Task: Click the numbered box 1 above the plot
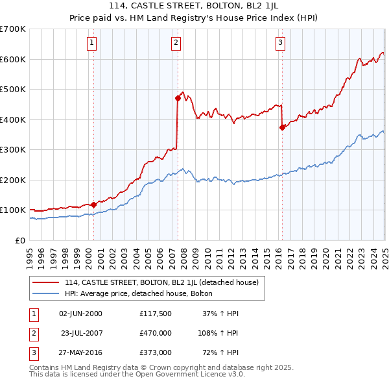(x=92, y=43)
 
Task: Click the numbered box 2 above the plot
(x=176, y=43)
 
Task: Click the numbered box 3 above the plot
(x=281, y=43)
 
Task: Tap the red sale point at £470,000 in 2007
(x=177, y=99)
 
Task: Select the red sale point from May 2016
(x=282, y=128)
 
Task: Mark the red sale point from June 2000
(x=93, y=204)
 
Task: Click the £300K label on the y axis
(x=13, y=150)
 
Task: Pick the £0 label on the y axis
(x=19, y=240)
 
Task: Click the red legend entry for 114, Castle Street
(x=161, y=282)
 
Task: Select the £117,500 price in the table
(x=156, y=314)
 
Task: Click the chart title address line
(x=194, y=8)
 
